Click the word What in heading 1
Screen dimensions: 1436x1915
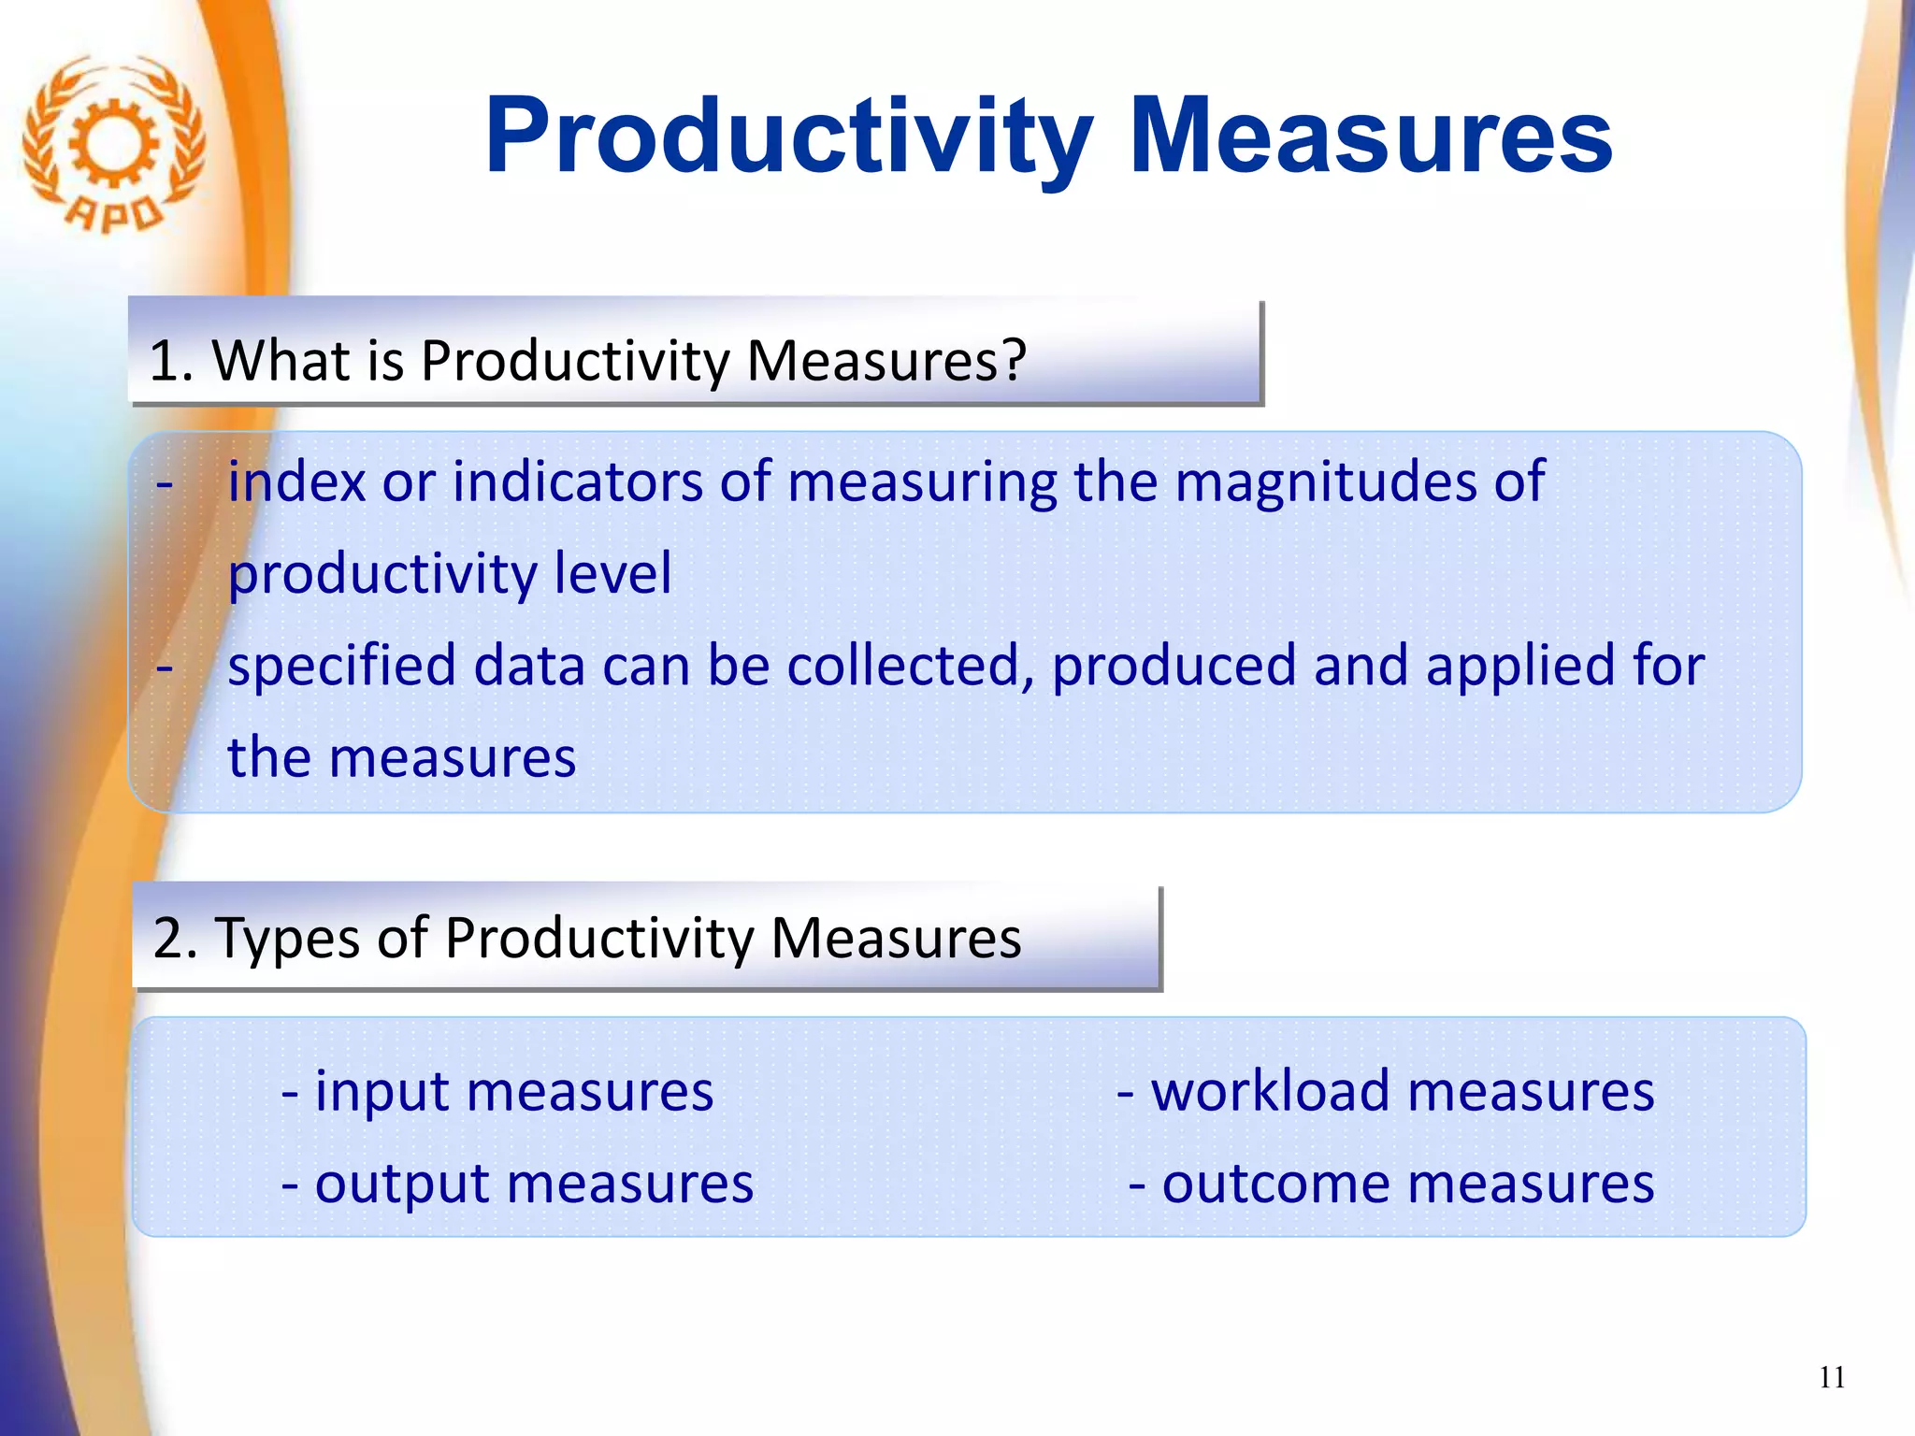click(x=281, y=359)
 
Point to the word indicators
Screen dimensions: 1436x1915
click(x=578, y=481)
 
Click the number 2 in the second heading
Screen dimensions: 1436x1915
click(x=168, y=937)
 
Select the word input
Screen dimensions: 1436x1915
click(x=382, y=1091)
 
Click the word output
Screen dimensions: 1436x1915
click(x=401, y=1184)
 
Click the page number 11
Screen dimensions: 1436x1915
click(x=1832, y=1377)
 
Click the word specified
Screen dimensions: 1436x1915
click(x=342, y=665)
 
